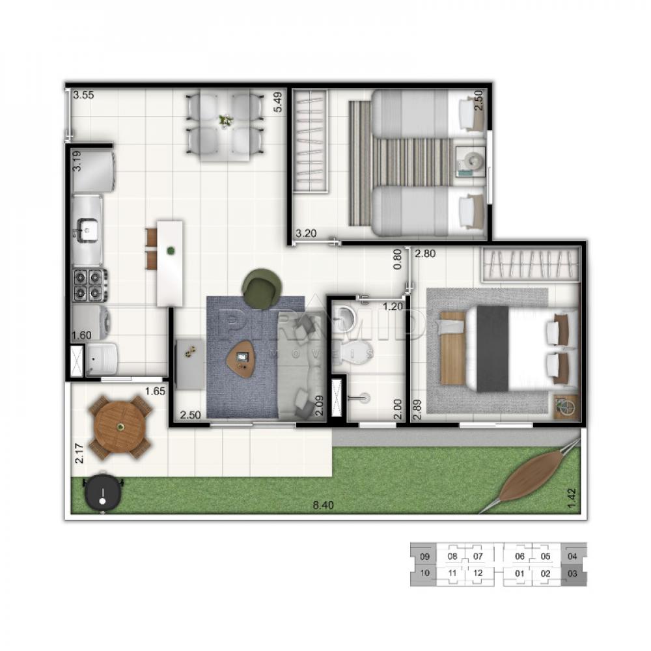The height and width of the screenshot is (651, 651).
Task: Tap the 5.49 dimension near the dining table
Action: pos(278,102)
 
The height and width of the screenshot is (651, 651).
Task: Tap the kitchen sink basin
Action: pos(87,229)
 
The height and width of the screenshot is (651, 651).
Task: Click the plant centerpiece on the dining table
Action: pos(226,121)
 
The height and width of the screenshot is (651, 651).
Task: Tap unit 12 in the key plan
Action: pos(478,573)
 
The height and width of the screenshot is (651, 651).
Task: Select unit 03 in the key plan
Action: pos(572,574)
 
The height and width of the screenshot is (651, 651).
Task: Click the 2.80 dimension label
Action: pos(424,254)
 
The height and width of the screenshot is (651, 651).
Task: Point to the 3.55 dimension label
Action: pos(84,95)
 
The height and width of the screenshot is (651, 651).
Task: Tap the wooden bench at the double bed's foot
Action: pos(452,348)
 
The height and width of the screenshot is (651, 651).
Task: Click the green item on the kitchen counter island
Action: pos(171,249)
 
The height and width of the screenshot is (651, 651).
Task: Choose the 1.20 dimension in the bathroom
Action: pos(393,306)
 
